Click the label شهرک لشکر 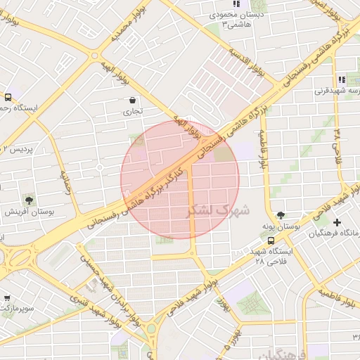pyautogui.click(x=219, y=210)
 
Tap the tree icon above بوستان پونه pyautogui.click(x=282, y=215)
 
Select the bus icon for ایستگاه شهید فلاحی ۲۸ pyautogui.click(x=272, y=240)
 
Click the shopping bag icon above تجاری pyautogui.click(x=134, y=100)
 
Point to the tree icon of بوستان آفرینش pyautogui.click(x=29, y=201)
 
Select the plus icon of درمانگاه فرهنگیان pyautogui.click(x=338, y=223)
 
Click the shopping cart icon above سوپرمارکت pyautogui.click(x=7, y=298)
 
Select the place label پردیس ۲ pyautogui.click(x=15, y=148)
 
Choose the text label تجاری pyautogui.click(x=133, y=111)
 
